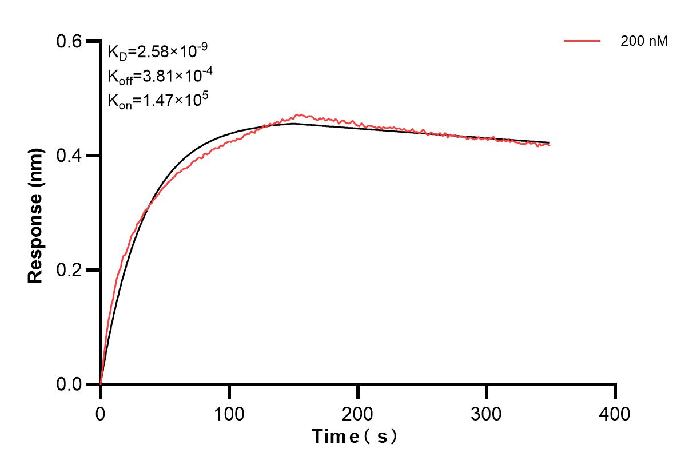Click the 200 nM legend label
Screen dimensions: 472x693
(644, 41)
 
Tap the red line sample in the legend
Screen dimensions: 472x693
(582, 41)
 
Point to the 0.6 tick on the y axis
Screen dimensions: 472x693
(70, 41)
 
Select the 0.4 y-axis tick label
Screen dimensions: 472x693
(70, 156)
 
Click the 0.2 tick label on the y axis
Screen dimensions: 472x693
(70, 270)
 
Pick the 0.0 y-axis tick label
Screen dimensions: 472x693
(70, 384)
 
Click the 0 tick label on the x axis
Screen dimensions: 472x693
(101, 413)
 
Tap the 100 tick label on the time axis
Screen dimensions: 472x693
(229, 413)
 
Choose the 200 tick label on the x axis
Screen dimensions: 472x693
(358, 413)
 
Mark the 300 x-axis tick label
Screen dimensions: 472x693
(487, 413)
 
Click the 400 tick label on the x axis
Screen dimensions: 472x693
(615, 413)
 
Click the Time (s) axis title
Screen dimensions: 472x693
(355, 437)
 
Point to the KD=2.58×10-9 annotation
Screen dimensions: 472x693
(157, 52)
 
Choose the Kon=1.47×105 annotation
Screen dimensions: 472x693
(158, 101)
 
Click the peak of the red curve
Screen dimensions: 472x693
(297, 114)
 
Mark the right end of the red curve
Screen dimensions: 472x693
(550, 145)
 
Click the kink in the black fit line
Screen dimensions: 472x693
(293, 124)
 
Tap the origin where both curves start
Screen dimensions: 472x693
(101, 384)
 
